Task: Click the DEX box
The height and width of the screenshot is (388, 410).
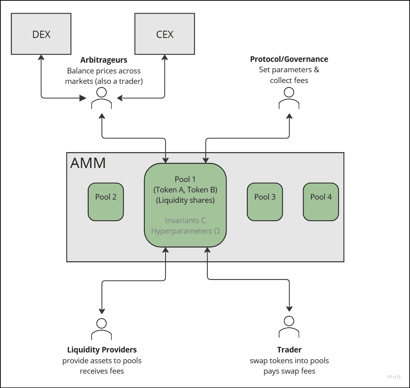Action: [41, 34]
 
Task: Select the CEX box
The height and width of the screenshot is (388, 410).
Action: [165, 34]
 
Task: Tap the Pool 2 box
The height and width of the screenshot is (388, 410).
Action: [106, 202]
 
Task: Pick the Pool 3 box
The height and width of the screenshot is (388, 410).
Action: [265, 202]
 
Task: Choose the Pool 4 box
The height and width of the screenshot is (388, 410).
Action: [321, 202]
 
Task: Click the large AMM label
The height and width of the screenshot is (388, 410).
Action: [88, 163]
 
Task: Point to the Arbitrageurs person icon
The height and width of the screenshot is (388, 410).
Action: [101, 99]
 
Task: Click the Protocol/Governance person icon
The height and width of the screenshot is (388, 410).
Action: [289, 99]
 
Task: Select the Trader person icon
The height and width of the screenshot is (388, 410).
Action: [289, 327]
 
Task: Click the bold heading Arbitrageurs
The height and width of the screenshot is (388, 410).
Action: [104, 60]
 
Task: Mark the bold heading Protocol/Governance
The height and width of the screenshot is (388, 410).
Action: [289, 59]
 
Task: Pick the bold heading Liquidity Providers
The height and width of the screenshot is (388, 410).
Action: [102, 350]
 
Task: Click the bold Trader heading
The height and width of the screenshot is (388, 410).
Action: [289, 350]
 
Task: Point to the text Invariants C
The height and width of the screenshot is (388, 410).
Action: [185, 220]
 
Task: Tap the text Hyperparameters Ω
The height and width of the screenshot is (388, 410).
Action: [185, 231]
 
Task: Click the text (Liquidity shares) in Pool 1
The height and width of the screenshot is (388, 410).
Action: [185, 200]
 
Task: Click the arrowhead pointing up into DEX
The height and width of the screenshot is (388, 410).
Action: [41, 57]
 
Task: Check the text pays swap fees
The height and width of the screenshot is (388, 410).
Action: [289, 371]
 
